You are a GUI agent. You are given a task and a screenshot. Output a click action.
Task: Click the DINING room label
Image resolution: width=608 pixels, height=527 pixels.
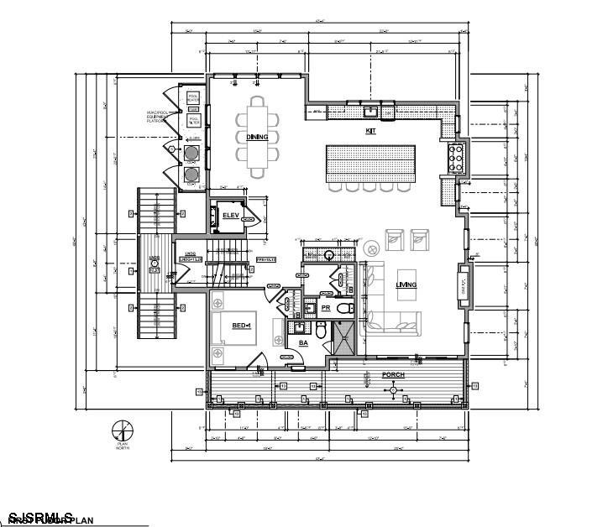(257, 137)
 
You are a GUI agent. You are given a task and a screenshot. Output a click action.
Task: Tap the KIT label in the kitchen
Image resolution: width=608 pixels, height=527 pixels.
(370, 131)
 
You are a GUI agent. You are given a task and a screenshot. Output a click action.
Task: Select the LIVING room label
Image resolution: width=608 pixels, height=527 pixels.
(406, 285)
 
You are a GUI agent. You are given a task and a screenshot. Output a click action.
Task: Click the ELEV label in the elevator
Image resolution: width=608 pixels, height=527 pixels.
(231, 216)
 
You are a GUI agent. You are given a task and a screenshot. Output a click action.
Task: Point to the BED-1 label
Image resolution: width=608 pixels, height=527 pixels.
(244, 325)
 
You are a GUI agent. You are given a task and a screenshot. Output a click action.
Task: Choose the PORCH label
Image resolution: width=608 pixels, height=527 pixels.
(393, 375)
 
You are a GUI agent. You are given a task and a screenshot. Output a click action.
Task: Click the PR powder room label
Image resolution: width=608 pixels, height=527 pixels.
(325, 308)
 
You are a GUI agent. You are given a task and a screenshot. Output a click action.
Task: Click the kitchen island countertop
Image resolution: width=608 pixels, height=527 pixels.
(370, 160)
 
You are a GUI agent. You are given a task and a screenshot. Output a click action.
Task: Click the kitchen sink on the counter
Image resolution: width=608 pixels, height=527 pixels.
(370, 110)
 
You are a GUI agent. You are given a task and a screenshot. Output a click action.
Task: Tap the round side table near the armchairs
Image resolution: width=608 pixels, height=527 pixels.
(370, 248)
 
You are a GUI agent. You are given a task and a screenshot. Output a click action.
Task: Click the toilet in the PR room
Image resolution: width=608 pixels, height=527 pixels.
(345, 309)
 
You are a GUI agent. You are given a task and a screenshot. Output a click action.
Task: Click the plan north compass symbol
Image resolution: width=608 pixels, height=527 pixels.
(122, 430)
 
